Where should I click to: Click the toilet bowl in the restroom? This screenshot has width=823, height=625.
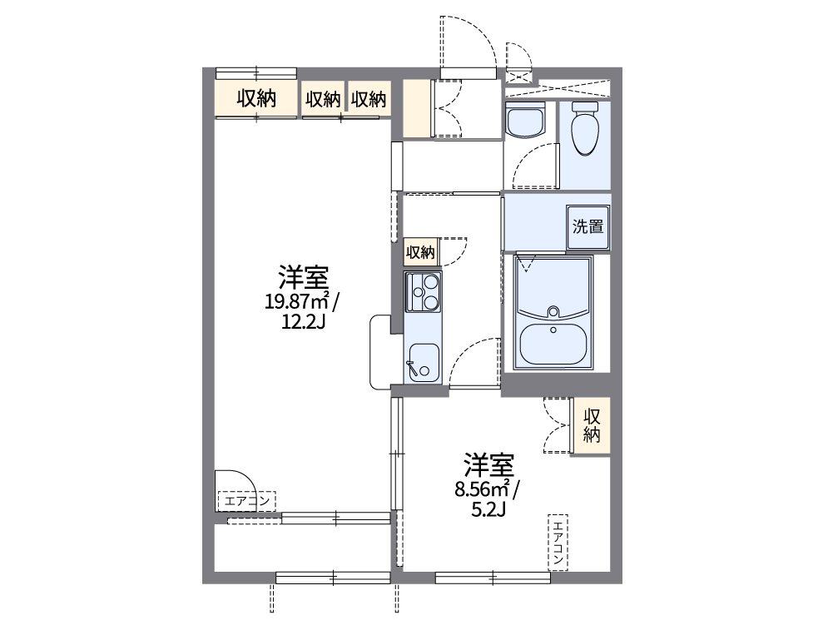[586, 134]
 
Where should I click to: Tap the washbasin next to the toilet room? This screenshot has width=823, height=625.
[524, 122]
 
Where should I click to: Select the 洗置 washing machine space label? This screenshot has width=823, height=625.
[588, 226]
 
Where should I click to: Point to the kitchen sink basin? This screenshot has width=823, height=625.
[424, 362]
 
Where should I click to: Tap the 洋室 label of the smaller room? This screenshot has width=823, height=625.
[488, 464]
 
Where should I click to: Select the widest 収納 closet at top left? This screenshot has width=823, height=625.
[256, 99]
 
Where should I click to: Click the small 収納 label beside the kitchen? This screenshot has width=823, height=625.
[420, 251]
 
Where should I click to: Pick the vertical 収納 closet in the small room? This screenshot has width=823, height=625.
[592, 425]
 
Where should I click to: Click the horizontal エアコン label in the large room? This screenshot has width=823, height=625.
[245, 501]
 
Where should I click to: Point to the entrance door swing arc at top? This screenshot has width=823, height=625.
[470, 42]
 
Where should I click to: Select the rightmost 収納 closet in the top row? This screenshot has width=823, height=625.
[369, 100]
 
